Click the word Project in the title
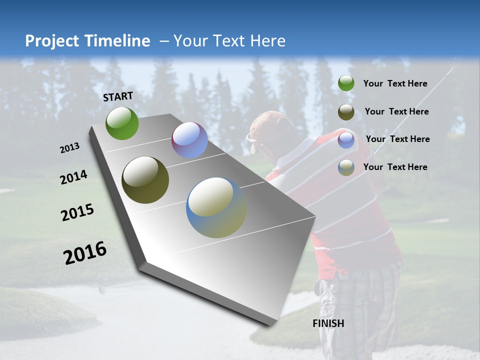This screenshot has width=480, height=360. click(51, 41)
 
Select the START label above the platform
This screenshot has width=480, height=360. click(118, 96)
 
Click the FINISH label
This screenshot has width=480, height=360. click(328, 323)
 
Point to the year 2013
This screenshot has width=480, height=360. click(70, 148)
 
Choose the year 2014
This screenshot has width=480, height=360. click(74, 177)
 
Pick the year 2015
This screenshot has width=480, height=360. click(77, 212)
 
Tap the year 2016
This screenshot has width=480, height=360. click(85, 252)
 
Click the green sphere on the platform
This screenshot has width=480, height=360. click(122, 123)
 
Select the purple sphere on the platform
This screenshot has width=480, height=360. click(189, 140)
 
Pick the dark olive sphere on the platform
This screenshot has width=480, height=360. click(145, 180)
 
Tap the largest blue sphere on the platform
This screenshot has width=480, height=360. click(216, 207)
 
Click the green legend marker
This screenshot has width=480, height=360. click(346, 83)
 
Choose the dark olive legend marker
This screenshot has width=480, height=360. click(346, 112)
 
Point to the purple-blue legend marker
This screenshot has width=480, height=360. click(346, 140)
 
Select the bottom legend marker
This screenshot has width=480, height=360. click(346, 167)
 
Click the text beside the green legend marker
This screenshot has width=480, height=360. click(395, 83)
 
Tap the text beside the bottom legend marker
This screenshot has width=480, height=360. click(395, 167)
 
